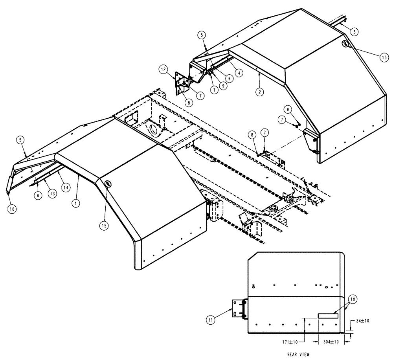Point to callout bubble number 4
point(239,72)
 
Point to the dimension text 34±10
point(362,321)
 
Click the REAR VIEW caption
point(298,354)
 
